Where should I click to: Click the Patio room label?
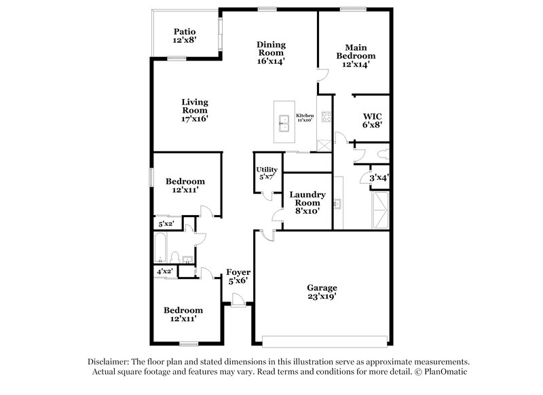(x=185, y=35)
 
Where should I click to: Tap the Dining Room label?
(x=270, y=53)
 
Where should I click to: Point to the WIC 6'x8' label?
(x=372, y=120)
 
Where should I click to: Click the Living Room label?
(x=194, y=110)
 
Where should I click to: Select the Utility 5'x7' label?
(x=266, y=173)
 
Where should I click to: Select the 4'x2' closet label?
(x=164, y=271)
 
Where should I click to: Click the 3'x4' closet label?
(x=378, y=178)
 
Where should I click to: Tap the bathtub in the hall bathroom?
(x=161, y=248)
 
